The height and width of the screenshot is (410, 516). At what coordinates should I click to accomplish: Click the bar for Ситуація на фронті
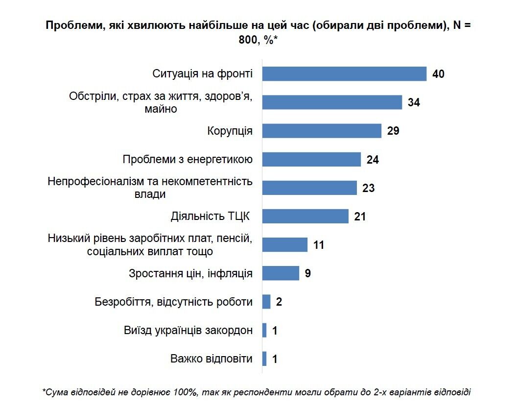click(x=344, y=74)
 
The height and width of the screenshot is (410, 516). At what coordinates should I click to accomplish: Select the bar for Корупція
click(x=322, y=131)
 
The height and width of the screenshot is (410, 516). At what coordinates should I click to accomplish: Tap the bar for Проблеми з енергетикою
click(x=311, y=159)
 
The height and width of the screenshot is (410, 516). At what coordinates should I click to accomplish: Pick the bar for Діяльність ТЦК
click(x=305, y=216)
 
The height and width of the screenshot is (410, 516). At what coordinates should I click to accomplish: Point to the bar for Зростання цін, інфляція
click(x=281, y=273)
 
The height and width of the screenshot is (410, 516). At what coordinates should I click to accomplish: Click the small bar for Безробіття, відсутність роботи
click(x=266, y=302)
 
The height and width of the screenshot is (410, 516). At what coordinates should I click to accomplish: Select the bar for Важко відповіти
click(x=264, y=359)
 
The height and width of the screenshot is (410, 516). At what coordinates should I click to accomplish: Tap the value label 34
click(x=414, y=103)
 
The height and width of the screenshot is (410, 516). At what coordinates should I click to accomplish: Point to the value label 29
click(x=393, y=131)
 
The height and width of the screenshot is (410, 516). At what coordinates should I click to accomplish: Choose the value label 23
click(x=368, y=188)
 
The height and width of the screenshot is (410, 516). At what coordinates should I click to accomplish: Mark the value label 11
click(x=319, y=245)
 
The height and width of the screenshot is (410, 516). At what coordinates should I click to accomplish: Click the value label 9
click(x=307, y=273)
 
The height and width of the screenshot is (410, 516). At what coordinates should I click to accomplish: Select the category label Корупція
click(x=230, y=131)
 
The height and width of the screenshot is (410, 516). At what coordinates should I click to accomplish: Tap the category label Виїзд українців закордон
click(x=188, y=330)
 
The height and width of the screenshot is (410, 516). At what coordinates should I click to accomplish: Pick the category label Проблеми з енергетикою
click(x=188, y=160)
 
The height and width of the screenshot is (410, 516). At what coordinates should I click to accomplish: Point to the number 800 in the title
click(x=248, y=41)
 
